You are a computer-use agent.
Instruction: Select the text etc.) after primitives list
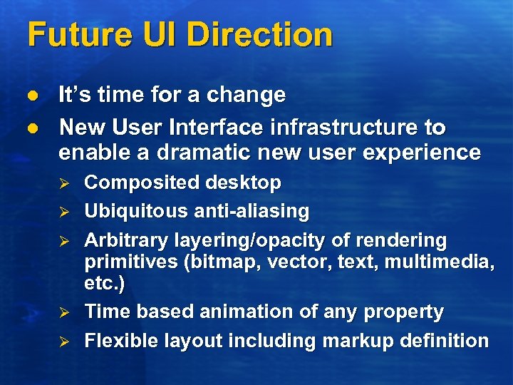[x=105, y=284]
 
